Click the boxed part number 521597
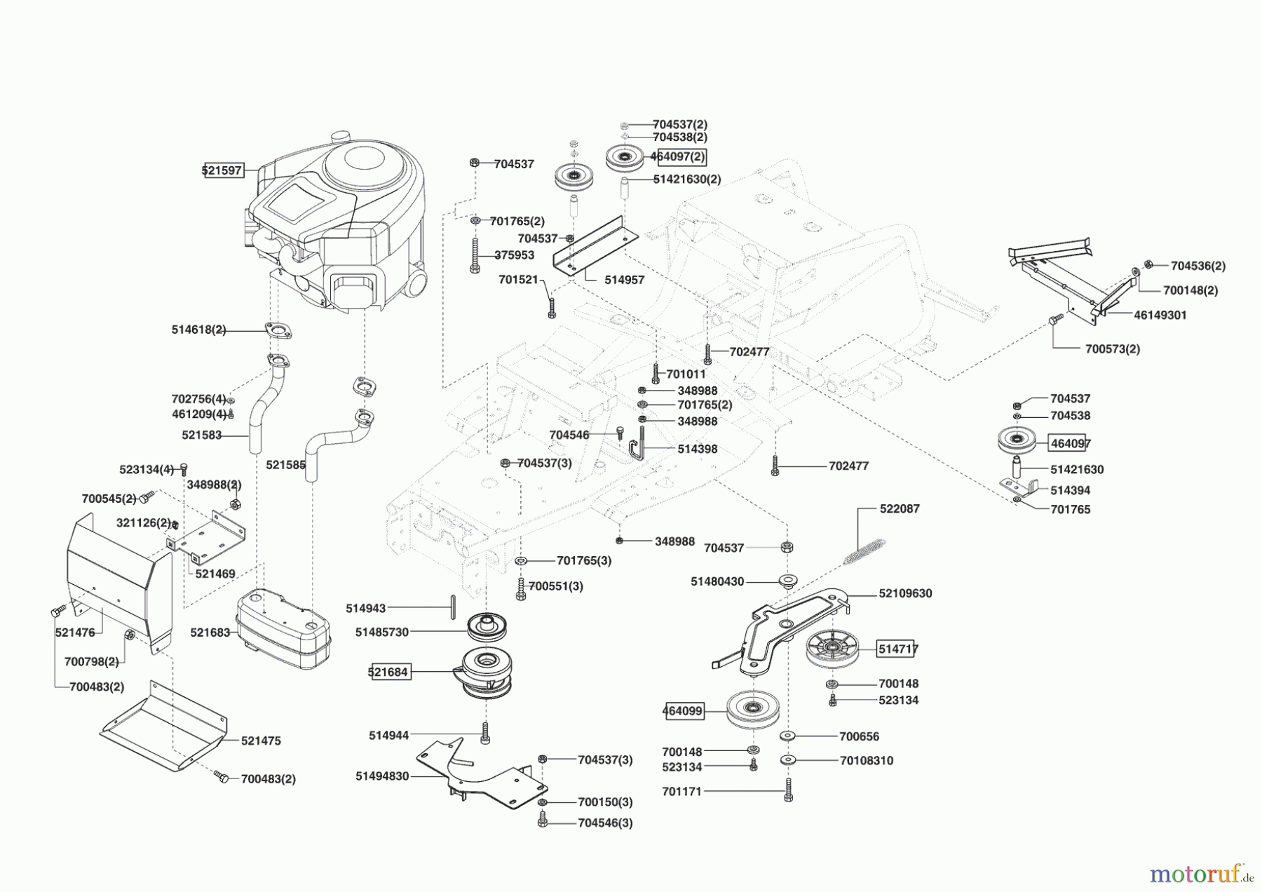[223, 170]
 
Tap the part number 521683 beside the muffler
[210, 633]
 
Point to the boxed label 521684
[388, 672]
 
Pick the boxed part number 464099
[683, 711]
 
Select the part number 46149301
[1160, 315]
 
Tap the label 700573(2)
[1113, 349]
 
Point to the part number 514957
[625, 279]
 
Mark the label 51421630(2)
[687, 179]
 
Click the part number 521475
[261, 741]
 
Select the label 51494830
[382, 776]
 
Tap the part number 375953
[514, 255]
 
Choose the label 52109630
[906, 593]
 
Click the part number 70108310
[867, 760]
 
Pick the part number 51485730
[382, 632]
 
